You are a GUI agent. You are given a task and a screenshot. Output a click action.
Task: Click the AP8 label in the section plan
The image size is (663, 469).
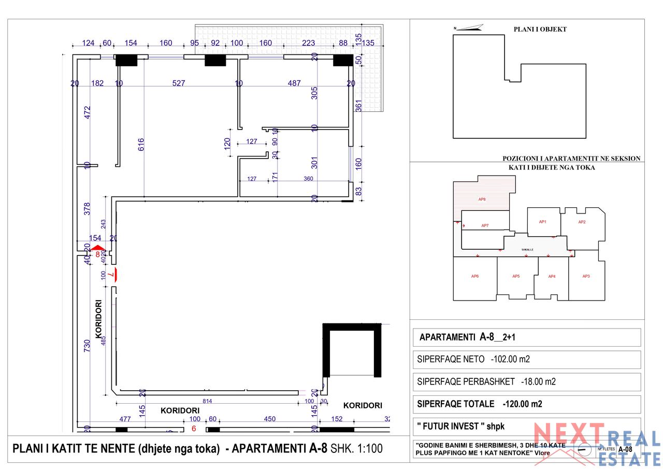click(x=482, y=200)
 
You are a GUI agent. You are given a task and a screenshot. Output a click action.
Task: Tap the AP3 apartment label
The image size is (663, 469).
click(x=586, y=276)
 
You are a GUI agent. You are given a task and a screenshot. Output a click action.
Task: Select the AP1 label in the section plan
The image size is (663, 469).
click(x=542, y=222)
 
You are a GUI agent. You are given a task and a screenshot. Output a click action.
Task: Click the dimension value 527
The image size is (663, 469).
click(x=179, y=83)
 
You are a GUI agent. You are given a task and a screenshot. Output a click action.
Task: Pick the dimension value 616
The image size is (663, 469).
click(x=141, y=144)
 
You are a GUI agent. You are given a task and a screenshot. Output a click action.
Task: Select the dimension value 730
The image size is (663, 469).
click(x=87, y=346)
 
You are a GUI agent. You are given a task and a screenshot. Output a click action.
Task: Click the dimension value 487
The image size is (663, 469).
click(x=294, y=83)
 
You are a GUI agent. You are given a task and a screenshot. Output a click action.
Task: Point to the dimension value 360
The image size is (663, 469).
click(x=308, y=179)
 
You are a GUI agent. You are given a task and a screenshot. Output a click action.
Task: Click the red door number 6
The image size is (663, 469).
click(x=194, y=429)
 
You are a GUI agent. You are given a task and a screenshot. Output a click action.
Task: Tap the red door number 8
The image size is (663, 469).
click(x=97, y=254)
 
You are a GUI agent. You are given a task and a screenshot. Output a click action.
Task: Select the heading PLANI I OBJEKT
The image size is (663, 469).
click(x=540, y=30)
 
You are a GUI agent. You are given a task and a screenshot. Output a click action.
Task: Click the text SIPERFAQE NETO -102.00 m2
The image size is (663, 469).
click(x=473, y=359)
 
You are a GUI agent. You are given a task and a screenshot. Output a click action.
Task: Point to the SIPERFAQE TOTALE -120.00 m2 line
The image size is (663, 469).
click(x=479, y=404)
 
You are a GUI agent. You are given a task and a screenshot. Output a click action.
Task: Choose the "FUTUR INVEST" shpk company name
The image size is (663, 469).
click(x=460, y=427)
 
